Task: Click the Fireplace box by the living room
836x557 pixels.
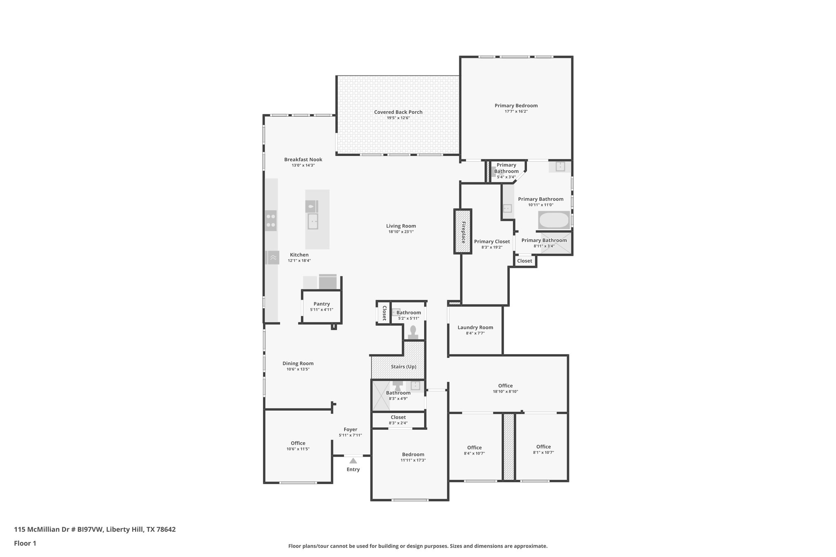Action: tap(463, 231)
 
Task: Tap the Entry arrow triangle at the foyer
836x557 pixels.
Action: tap(353, 461)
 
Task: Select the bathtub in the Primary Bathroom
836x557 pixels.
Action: tap(554, 220)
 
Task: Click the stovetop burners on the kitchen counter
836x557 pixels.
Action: tap(271, 220)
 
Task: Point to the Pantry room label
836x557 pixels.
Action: tap(322, 304)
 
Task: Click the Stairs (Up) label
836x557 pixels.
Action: tap(403, 366)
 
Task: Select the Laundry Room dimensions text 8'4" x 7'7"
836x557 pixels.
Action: tap(475, 333)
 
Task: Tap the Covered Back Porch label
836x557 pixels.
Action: tap(398, 112)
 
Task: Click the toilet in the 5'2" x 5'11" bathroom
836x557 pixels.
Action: tap(413, 331)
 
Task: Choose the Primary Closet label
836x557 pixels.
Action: tap(492, 241)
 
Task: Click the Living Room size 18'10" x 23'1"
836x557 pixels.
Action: tap(401, 232)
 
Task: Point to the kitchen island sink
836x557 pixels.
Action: tap(313, 222)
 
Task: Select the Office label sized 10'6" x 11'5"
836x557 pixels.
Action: tap(298, 443)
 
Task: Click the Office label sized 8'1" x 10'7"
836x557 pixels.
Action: tap(543, 446)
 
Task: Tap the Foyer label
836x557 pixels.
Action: tap(350, 429)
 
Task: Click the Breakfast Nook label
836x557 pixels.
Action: tap(303, 159)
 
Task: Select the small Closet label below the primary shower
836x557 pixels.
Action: tap(525, 261)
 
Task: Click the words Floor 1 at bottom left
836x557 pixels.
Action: tap(25, 543)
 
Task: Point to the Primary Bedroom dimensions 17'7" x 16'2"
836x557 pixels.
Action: tap(516, 111)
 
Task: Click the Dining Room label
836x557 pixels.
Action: tap(298, 363)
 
